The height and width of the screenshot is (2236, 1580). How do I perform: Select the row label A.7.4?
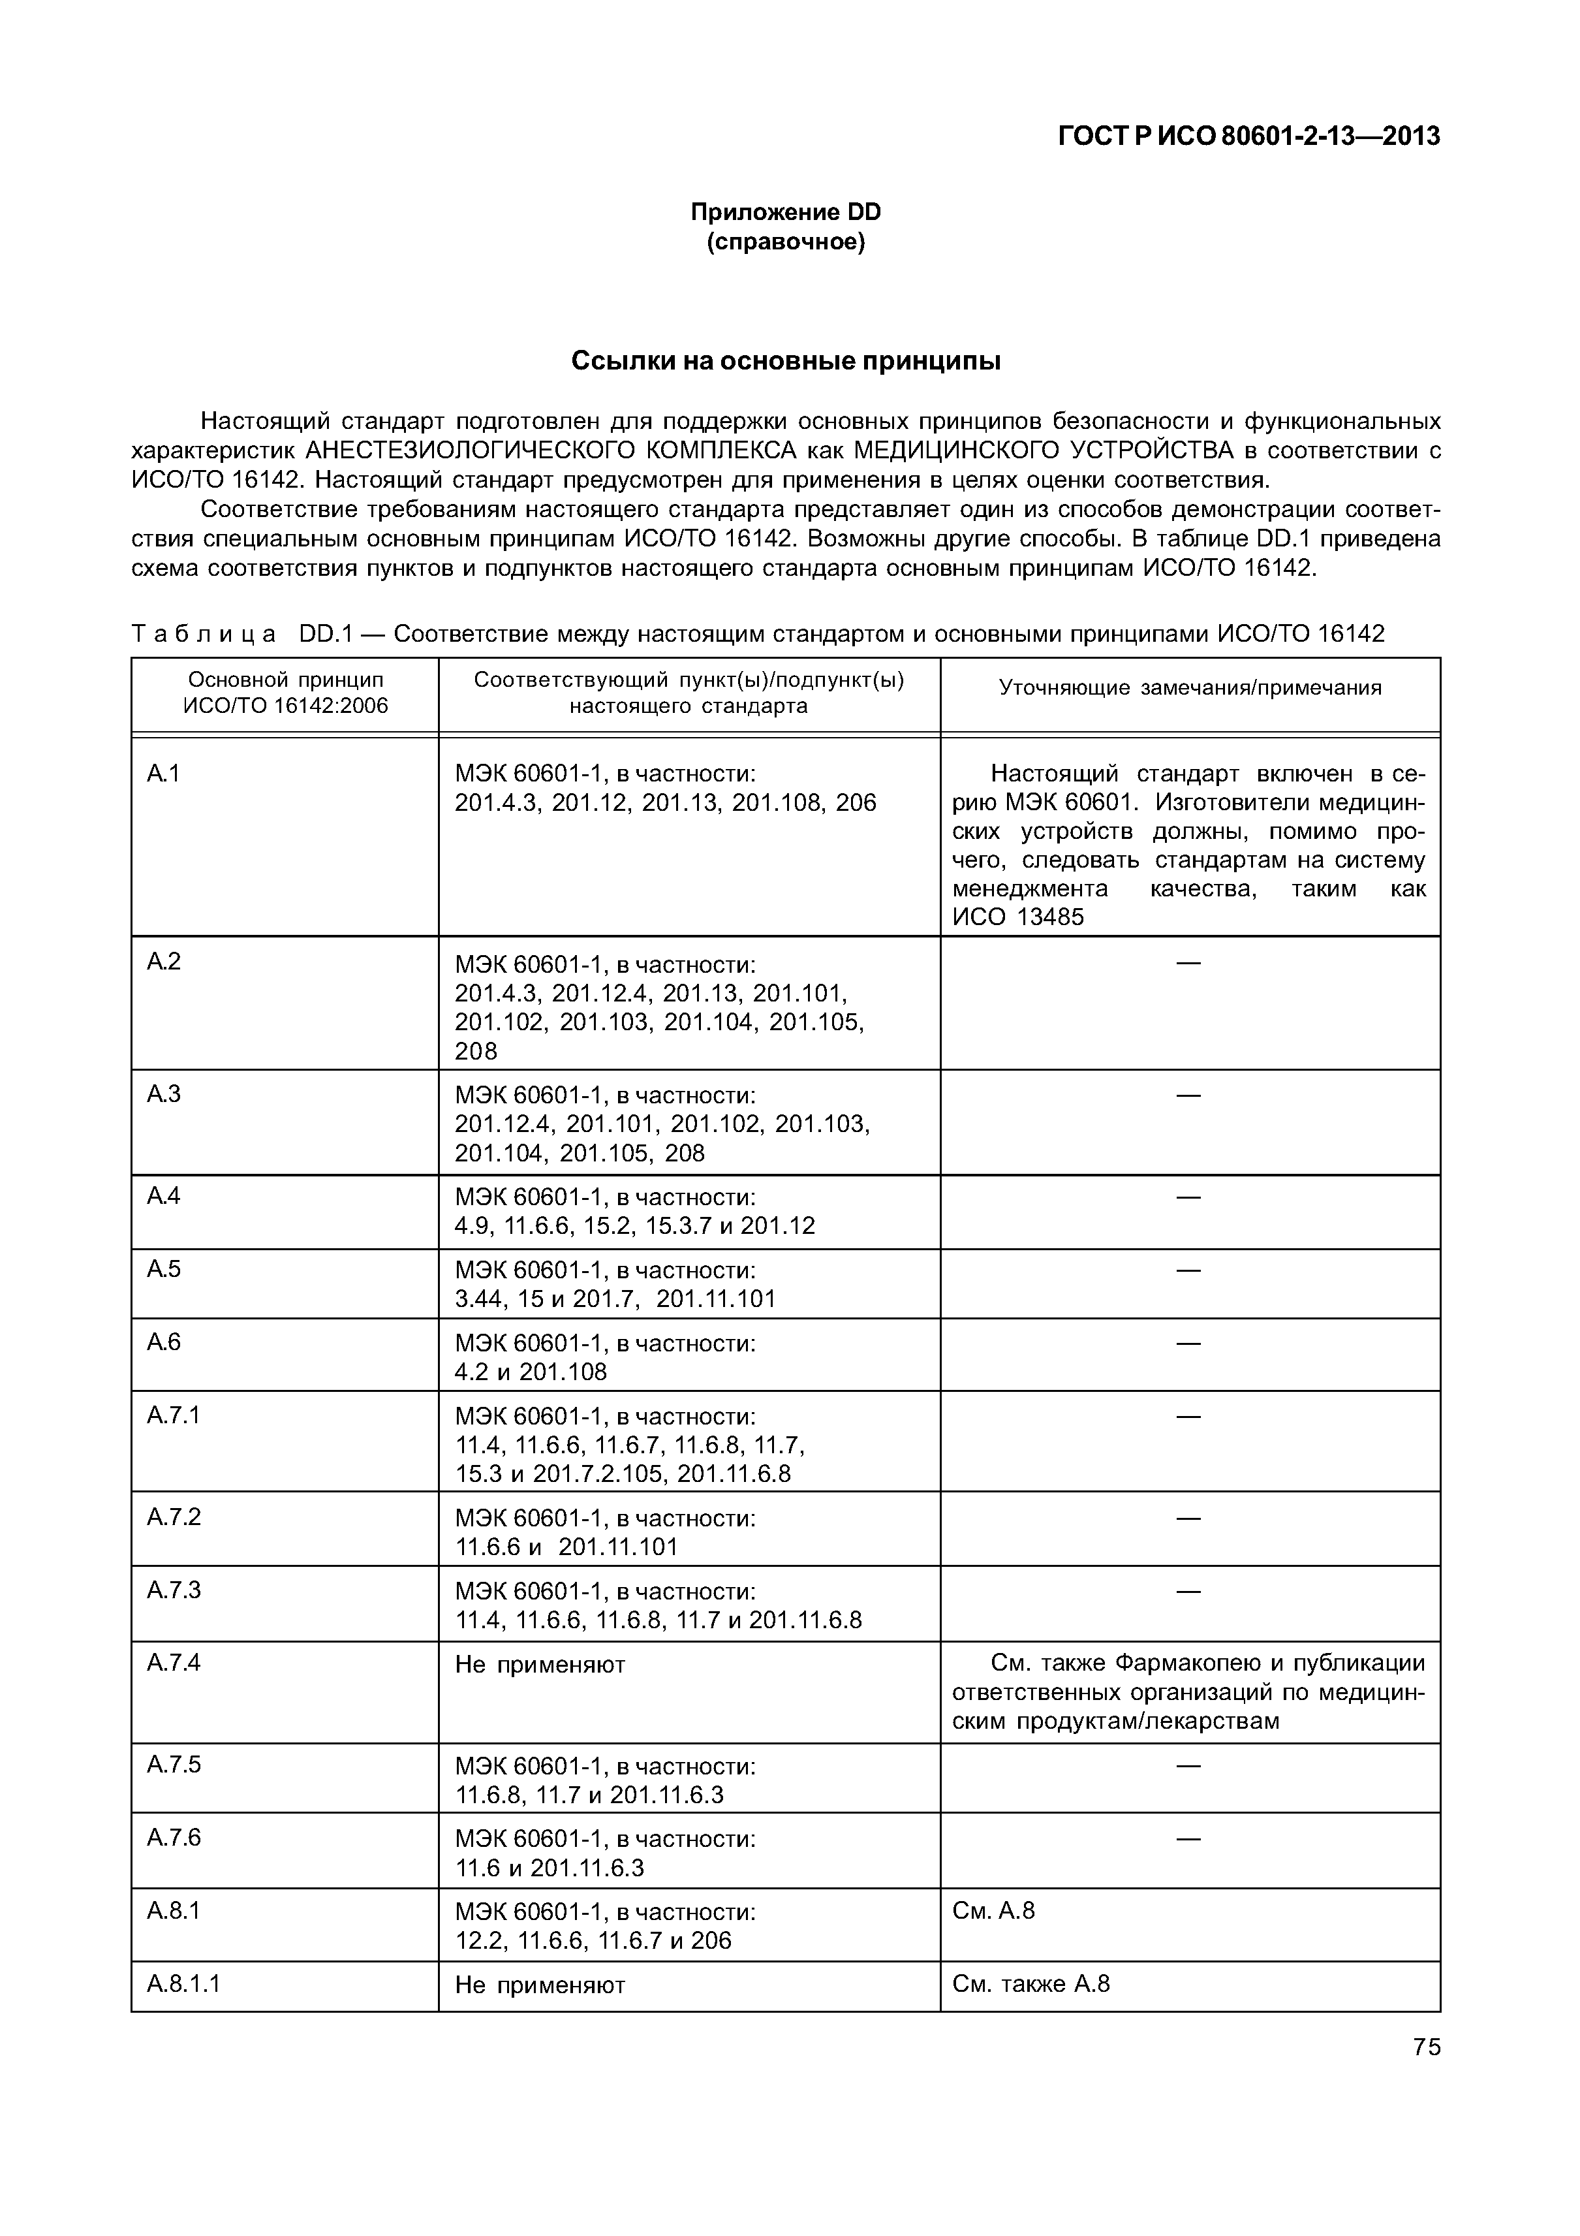[174, 1662]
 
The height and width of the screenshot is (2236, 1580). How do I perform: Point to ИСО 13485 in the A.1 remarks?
[1017, 917]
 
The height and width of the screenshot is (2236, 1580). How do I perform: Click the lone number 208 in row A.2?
[476, 1052]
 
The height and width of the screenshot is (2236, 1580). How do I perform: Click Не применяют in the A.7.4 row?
[539, 1664]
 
